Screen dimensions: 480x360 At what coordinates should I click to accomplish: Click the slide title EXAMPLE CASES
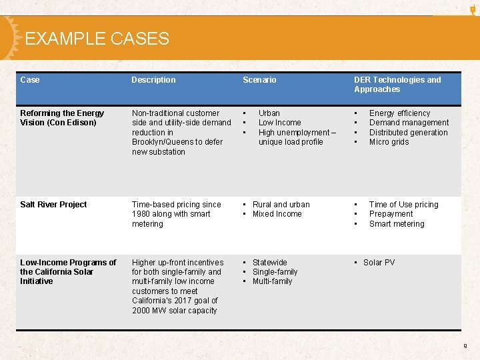(97, 39)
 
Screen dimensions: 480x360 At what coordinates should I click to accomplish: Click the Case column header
(30, 80)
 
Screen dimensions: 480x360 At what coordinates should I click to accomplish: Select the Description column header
(153, 80)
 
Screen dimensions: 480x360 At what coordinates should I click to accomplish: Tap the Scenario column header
(259, 80)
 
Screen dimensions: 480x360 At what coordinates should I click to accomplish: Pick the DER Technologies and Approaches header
(397, 85)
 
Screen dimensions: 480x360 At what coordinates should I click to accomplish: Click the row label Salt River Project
(53, 205)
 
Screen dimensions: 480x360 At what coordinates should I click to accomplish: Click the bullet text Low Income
(279, 123)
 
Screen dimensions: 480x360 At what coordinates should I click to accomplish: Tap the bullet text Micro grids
(389, 142)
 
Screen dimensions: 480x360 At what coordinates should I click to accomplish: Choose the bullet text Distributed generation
(408, 133)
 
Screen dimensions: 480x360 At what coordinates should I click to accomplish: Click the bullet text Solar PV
(379, 263)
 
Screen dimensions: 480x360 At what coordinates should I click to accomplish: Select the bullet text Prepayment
(391, 214)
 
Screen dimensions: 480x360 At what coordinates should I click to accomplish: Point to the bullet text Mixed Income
(277, 214)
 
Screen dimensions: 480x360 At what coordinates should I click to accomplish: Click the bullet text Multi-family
(272, 281)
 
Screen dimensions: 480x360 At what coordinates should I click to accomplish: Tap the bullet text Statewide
(269, 263)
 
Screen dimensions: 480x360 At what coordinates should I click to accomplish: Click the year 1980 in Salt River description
(141, 214)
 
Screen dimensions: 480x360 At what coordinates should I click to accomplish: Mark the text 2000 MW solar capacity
(174, 311)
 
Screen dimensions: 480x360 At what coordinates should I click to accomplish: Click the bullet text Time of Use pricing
(403, 205)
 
